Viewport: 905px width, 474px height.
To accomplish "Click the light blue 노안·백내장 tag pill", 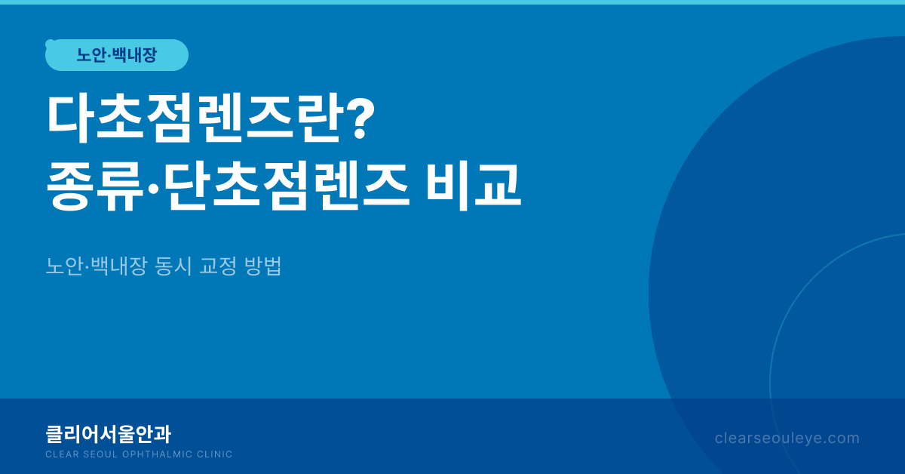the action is click(x=117, y=55).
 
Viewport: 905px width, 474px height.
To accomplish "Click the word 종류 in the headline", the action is click(x=94, y=186).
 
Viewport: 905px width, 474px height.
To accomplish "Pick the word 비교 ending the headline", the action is click(x=474, y=186).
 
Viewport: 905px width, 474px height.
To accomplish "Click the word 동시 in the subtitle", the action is click(x=173, y=266).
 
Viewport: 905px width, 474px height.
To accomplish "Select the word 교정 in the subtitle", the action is click(x=218, y=266).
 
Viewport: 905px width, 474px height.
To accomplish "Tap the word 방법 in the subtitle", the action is click(x=262, y=266).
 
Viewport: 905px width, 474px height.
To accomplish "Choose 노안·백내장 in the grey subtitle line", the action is click(x=97, y=266).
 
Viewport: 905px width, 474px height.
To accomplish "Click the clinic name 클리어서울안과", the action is click(x=109, y=434).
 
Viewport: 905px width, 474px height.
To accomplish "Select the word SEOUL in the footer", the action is click(x=100, y=454).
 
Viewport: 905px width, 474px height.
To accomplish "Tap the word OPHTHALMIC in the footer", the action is click(x=157, y=454).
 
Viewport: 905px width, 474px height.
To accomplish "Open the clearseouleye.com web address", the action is click(x=787, y=439).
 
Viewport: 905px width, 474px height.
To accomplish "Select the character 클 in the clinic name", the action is click(x=54, y=434).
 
